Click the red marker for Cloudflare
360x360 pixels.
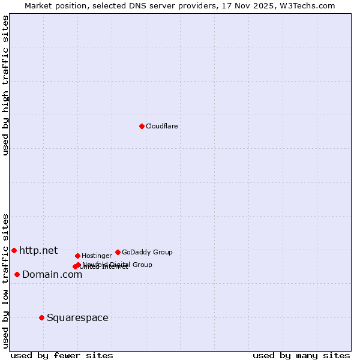(x=142, y=126)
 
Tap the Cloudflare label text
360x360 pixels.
(x=162, y=126)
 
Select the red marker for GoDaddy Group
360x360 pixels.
(x=118, y=252)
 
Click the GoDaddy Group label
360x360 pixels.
(x=147, y=252)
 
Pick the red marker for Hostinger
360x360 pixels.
(x=77, y=256)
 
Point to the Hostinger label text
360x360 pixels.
(x=97, y=256)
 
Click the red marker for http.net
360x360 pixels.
(x=14, y=250)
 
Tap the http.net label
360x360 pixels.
(x=38, y=250)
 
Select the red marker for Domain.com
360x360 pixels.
(x=17, y=274)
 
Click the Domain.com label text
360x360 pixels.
(x=52, y=274)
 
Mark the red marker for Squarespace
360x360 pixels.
(x=41, y=317)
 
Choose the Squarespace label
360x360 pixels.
(x=77, y=317)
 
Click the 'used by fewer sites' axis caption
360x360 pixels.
(x=62, y=355)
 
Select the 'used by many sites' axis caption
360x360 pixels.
(x=301, y=355)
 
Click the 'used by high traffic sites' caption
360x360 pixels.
(x=5, y=85)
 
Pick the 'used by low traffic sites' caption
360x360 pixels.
(x=5, y=281)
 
